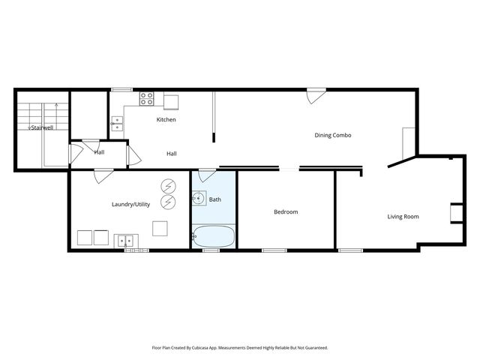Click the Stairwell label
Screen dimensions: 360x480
coord(41,128)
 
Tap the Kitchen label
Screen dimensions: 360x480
coord(166,120)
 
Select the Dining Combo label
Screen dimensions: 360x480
coord(332,135)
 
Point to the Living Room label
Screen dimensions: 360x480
coord(403,217)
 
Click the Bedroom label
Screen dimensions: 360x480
coord(285,212)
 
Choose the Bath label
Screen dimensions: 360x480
coord(215,199)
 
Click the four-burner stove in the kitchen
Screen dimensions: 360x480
coord(147,98)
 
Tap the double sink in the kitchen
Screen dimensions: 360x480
coord(117,124)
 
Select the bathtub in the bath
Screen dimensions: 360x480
coord(214,237)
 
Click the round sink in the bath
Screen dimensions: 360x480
coord(198,199)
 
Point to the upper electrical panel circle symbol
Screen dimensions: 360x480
coord(169,186)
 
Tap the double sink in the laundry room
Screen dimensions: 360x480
coord(126,241)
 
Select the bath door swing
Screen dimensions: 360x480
coord(207,176)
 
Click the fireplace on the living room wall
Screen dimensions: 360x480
coord(455,213)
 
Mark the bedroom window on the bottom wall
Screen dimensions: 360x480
coord(274,250)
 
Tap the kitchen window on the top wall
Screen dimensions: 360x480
coord(122,90)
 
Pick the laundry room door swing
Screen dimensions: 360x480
coord(103,176)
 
